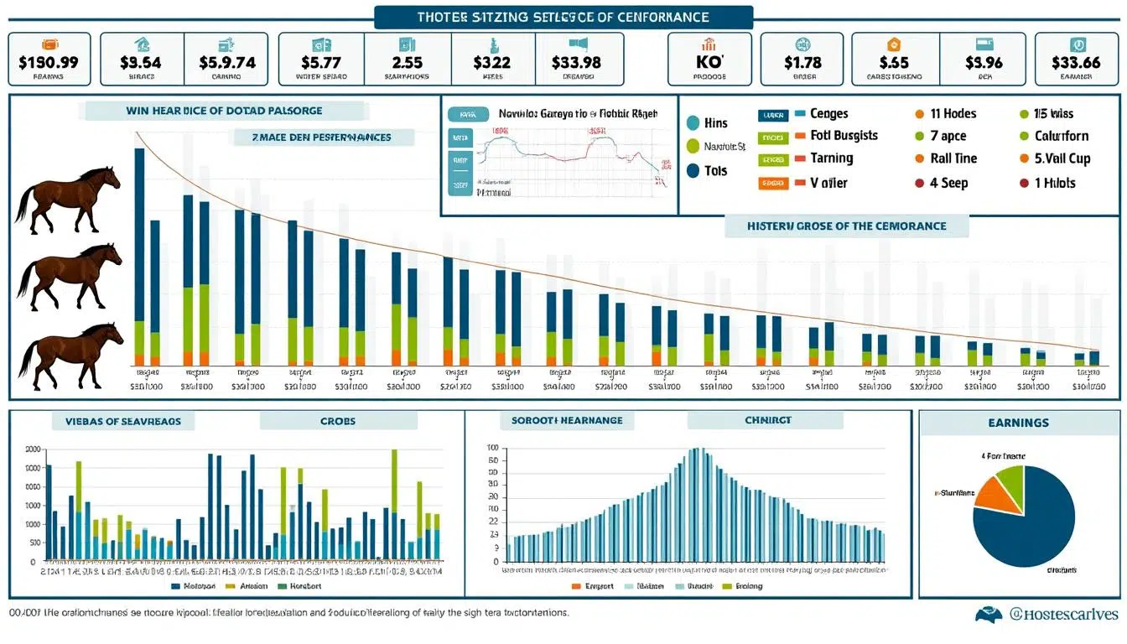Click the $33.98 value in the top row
pyautogui.click(x=576, y=61)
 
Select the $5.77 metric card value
pyautogui.click(x=321, y=61)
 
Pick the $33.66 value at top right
pyautogui.click(x=1075, y=61)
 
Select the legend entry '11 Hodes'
pyautogui.click(x=953, y=113)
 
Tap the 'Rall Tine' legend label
pyautogui.click(x=953, y=158)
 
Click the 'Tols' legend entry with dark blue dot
pyautogui.click(x=715, y=170)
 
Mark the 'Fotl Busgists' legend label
pyautogui.click(x=844, y=135)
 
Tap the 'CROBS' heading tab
pyautogui.click(x=337, y=420)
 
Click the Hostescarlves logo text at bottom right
pyautogui.click(x=1063, y=615)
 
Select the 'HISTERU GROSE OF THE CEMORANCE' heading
pyautogui.click(x=846, y=226)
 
